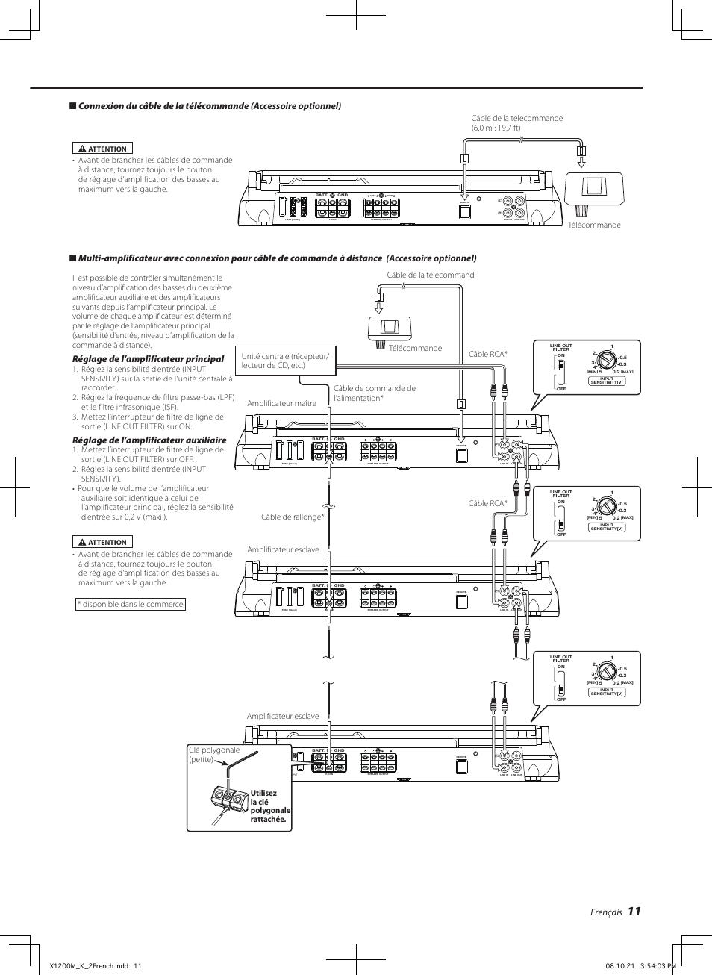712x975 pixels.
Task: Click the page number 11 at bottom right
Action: [x=634, y=911]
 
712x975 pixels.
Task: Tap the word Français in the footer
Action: [x=605, y=912]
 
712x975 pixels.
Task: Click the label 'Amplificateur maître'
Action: [x=281, y=403]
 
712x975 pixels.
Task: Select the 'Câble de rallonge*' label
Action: [x=293, y=517]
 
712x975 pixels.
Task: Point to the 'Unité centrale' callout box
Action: [x=284, y=361]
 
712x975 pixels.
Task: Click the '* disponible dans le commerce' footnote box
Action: [x=131, y=604]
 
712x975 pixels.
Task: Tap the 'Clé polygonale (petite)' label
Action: [x=214, y=754]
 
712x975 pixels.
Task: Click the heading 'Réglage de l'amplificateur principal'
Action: [x=148, y=358]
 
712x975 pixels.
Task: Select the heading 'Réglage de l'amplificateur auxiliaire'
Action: [x=149, y=440]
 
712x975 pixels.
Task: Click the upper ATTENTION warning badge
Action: [x=102, y=149]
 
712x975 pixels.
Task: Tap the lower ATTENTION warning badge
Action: [x=102, y=542]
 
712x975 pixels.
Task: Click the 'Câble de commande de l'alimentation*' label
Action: [x=374, y=393]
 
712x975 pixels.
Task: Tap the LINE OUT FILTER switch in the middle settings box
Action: [x=560, y=514]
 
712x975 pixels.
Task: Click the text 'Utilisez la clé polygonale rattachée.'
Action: [x=269, y=806]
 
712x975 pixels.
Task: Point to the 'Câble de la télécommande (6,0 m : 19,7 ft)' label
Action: [x=516, y=122]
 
